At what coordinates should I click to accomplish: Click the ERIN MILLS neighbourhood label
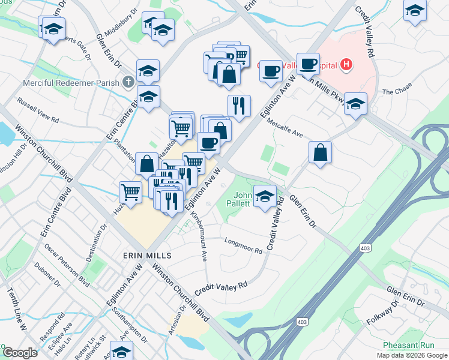tap(147, 255)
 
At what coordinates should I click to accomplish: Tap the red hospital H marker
tap(346, 64)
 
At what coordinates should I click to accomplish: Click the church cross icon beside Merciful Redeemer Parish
tap(128, 82)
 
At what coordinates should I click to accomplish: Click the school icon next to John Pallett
tap(264, 195)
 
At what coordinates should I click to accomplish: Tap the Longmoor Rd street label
tap(243, 246)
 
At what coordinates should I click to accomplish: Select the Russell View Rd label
tap(38, 110)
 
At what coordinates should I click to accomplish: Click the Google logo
tap(20, 353)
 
